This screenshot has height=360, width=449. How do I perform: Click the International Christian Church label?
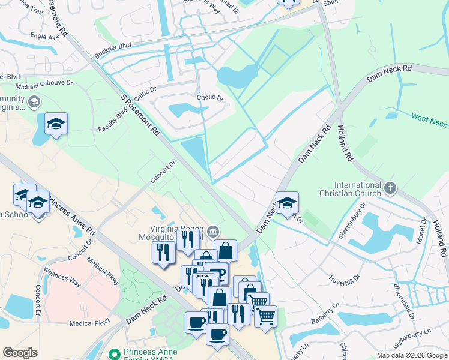(x=350, y=189)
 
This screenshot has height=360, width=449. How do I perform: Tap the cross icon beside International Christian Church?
(x=390, y=188)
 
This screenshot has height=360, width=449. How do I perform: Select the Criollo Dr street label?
(x=210, y=98)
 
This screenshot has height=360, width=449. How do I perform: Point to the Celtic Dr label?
(x=145, y=94)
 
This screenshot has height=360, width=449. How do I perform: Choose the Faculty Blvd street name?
(x=113, y=124)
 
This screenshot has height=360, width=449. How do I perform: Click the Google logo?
(x=20, y=353)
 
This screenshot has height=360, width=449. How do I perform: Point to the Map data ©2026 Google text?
(x=411, y=355)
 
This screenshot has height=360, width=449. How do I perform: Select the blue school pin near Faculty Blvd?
(x=56, y=124)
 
